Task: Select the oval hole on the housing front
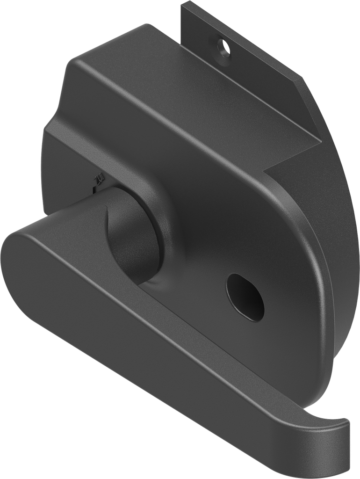245,297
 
